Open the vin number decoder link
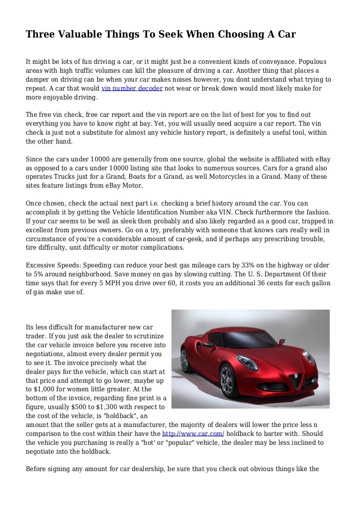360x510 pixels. [x=132, y=89]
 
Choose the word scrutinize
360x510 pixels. [x=148, y=336]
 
